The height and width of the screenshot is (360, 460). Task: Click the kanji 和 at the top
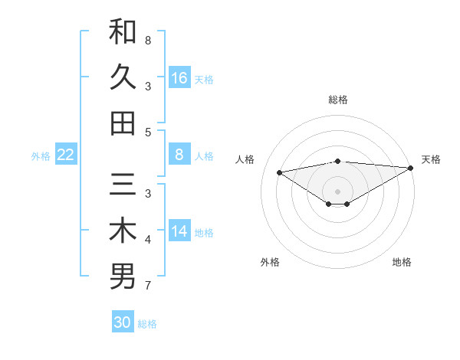click(x=123, y=31)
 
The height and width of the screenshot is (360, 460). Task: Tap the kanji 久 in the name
click(x=123, y=77)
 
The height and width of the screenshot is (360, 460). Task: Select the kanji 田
click(x=123, y=123)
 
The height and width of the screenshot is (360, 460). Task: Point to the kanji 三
click(x=123, y=185)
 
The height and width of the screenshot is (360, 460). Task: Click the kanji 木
click(x=123, y=231)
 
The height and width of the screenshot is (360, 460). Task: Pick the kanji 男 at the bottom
click(x=123, y=277)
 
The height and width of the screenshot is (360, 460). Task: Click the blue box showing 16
click(x=179, y=77)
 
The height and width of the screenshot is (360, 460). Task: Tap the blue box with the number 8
click(x=179, y=155)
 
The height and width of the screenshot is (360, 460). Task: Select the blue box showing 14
click(x=179, y=231)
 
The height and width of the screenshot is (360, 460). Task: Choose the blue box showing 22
click(x=66, y=155)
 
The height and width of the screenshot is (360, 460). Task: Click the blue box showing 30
click(x=123, y=322)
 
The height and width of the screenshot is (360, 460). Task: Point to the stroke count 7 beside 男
click(x=147, y=286)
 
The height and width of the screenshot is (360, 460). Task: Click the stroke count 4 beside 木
click(x=147, y=240)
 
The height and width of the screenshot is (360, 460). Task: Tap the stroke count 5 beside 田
click(x=147, y=132)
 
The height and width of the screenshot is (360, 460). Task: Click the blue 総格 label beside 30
click(x=147, y=324)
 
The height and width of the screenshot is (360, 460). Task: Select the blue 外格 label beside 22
click(x=41, y=156)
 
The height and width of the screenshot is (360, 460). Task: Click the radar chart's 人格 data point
click(x=279, y=172)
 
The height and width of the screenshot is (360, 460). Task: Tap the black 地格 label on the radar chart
click(x=402, y=263)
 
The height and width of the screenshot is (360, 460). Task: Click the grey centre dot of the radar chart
click(x=338, y=190)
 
